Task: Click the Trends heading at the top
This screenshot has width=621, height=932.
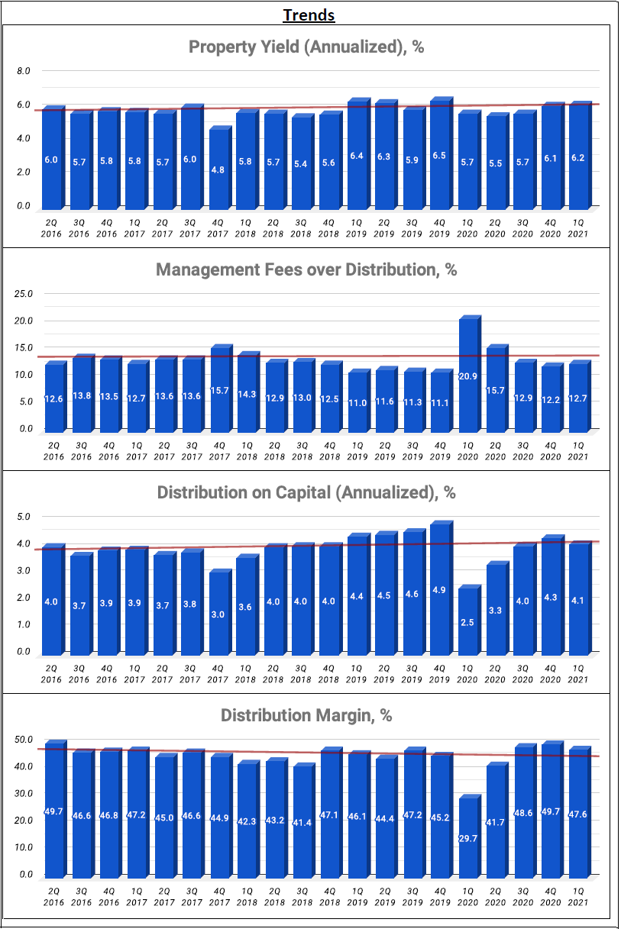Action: click(x=309, y=15)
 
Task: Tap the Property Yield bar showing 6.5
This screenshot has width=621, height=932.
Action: click(x=441, y=153)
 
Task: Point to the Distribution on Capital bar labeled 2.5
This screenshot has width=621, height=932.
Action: click(x=470, y=620)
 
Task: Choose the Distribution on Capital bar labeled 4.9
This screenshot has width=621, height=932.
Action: click(x=441, y=588)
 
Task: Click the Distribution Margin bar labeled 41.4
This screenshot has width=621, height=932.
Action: click(x=304, y=821)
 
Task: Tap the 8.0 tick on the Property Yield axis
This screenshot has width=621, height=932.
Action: click(x=24, y=71)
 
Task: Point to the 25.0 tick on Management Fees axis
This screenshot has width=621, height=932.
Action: click(x=24, y=294)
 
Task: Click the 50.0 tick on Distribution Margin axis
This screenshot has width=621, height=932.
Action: click(x=24, y=740)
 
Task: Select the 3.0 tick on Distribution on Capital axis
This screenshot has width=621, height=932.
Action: click(x=24, y=570)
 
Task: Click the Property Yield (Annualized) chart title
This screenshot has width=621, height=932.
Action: click(x=306, y=47)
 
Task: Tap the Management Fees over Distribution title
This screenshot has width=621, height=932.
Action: click(x=306, y=269)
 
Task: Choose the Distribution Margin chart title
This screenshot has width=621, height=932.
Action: click(x=306, y=715)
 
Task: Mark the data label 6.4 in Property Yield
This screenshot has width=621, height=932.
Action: click(x=357, y=156)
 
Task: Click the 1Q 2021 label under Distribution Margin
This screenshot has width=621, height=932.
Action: click(x=578, y=897)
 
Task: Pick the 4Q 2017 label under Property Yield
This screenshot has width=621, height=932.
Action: click(x=218, y=228)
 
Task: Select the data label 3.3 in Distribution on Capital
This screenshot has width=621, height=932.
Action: click(x=495, y=611)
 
